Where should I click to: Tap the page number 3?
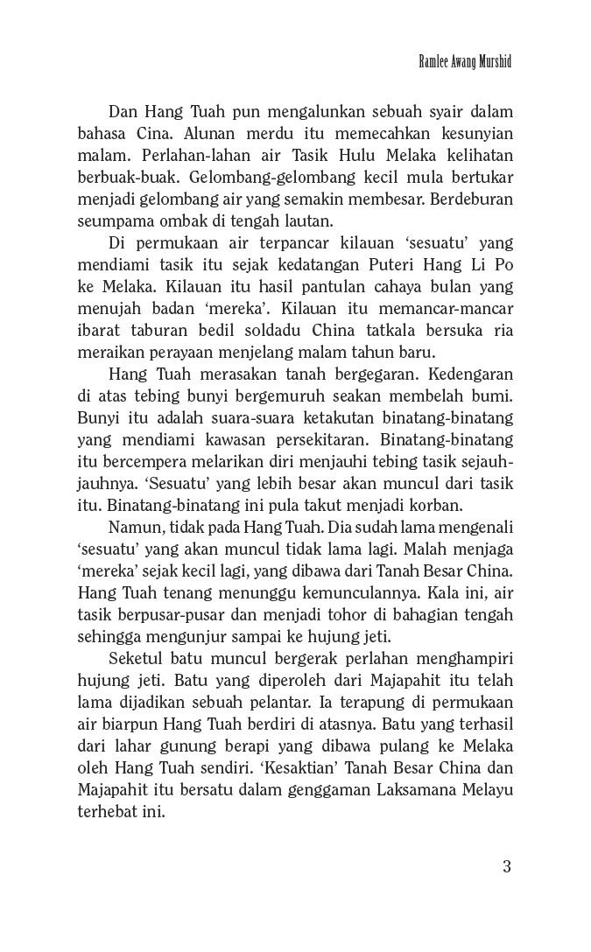(506, 866)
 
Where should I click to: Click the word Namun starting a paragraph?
(132, 528)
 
